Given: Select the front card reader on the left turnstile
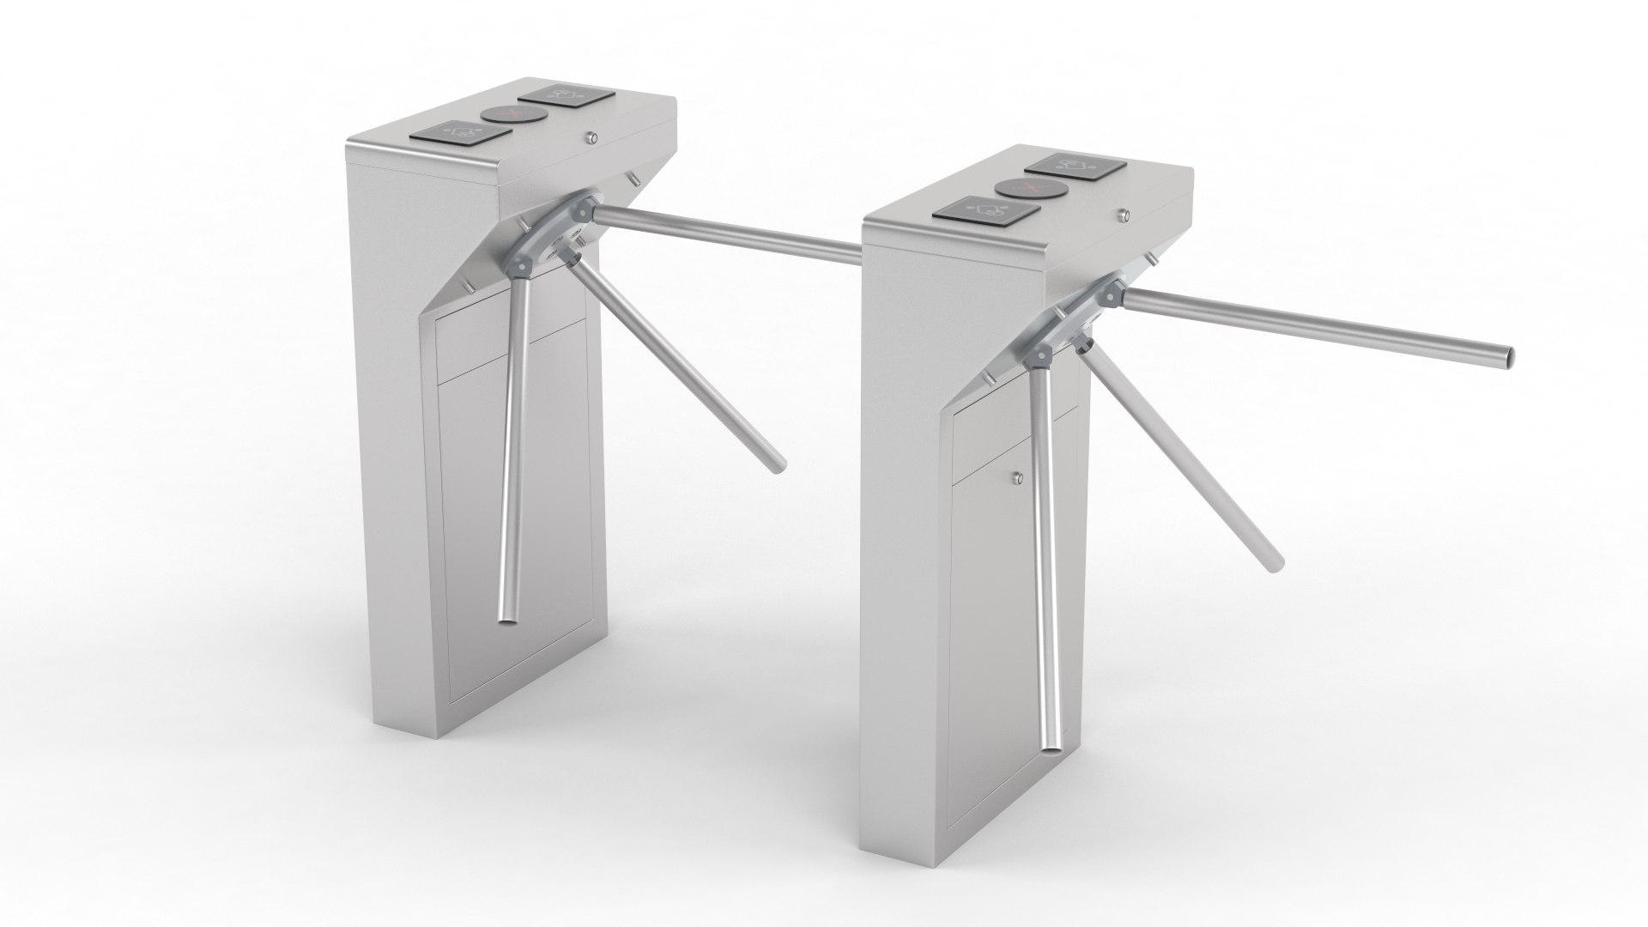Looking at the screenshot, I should point(461,133).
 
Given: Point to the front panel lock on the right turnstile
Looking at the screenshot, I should point(1019,479).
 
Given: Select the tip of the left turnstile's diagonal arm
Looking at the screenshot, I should point(778,466).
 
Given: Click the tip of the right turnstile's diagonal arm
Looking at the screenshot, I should point(1275,562).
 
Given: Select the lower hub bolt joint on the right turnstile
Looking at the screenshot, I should point(1043,352).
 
